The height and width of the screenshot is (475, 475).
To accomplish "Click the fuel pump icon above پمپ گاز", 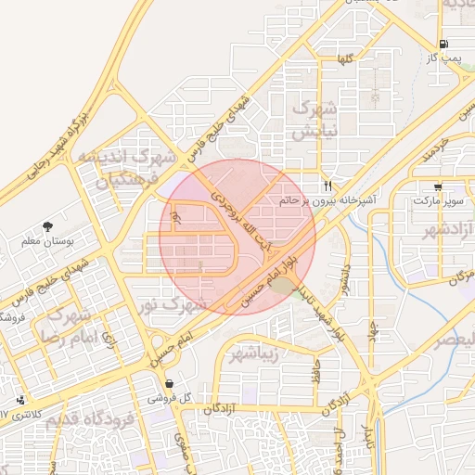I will point(443,44).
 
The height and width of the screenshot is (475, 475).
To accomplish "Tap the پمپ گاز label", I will point(443,58).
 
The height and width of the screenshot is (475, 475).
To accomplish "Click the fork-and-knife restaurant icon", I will point(327,184).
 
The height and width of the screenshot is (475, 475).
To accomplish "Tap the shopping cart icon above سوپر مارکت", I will point(437,186).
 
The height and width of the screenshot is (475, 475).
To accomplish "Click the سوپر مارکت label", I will point(436,199).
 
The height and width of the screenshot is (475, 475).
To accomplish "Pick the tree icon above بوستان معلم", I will point(47,225).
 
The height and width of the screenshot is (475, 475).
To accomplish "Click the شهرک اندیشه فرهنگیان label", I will point(127,166).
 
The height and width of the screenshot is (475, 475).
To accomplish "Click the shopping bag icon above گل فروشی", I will point(169,383).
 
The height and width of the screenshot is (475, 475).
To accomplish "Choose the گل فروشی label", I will point(169,397).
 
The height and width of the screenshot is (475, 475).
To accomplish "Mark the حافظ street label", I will point(316,372).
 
